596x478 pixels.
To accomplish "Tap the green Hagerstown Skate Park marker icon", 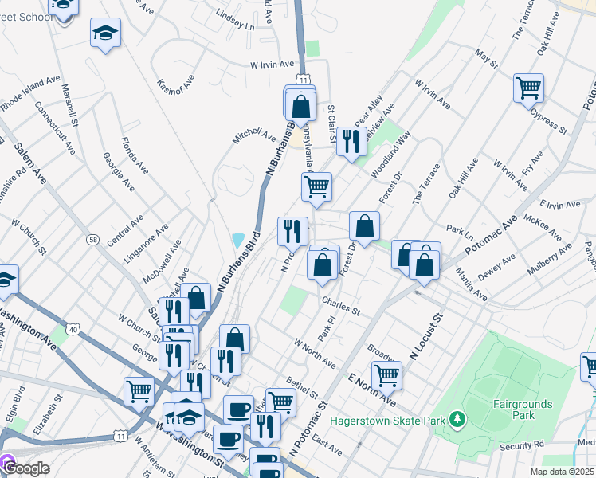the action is click(457, 418).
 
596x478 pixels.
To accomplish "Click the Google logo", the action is click(26, 468).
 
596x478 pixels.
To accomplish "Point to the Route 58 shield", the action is click(94, 240).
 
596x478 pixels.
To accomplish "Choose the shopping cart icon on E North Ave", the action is click(386, 374).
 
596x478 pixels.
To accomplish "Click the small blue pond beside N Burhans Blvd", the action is click(237, 240).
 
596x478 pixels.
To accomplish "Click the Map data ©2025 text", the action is click(563, 472).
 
